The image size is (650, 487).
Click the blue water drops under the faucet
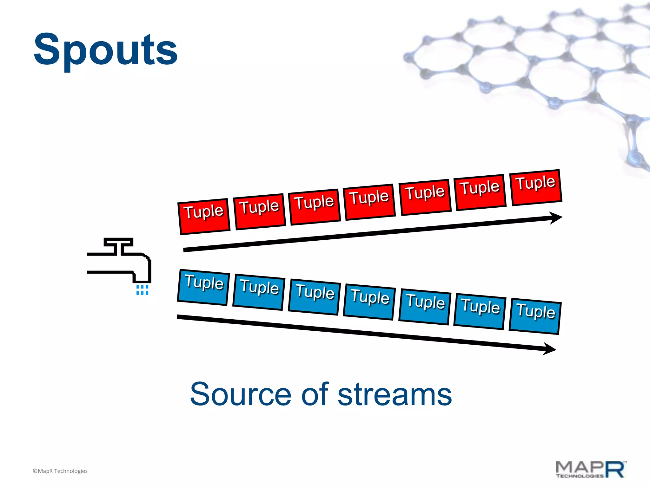[x=142, y=289]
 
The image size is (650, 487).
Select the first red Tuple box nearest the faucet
[x=204, y=217]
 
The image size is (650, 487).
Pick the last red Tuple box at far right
[x=536, y=187]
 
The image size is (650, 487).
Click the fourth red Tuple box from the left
[x=370, y=202]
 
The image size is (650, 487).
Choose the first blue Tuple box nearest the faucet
[x=203, y=287]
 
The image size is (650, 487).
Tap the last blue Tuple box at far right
[x=535, y=316]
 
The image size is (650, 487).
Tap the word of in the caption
[x=315, y=394]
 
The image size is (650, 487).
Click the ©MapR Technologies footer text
[x=60, y=471]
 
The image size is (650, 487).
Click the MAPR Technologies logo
[x=591, y=470]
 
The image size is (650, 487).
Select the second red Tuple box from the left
[x=260, y=211]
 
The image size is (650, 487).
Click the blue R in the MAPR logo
[x=616, y=470]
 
